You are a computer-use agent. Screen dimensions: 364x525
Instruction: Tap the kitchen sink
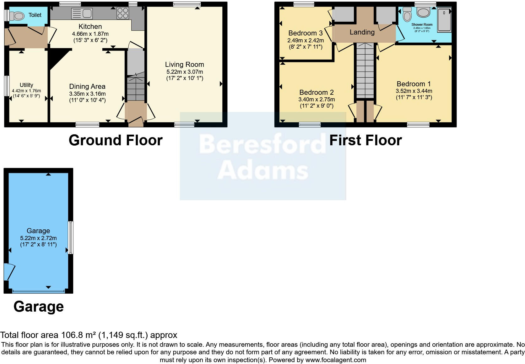82,13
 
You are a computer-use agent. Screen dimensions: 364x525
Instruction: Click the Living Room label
184,65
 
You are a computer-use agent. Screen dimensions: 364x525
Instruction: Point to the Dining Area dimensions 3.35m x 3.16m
87,94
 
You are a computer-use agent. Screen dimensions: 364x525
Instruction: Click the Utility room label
26,85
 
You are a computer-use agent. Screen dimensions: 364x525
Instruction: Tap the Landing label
362,32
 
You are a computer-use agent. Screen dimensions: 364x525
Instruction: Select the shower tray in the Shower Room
444,20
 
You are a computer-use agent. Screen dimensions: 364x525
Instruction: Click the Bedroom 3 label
305,33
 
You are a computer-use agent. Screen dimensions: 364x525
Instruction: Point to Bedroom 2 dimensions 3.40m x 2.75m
317,99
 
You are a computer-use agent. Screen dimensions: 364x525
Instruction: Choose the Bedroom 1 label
414,84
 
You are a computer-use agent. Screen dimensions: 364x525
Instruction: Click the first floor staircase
365,71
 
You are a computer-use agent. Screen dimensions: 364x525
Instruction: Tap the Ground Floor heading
116,140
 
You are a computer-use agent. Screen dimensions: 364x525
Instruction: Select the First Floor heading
365,140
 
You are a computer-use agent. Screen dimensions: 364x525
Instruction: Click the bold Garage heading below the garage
39,307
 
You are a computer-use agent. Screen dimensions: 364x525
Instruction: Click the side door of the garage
9,272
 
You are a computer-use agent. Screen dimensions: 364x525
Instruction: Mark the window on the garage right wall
71,237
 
